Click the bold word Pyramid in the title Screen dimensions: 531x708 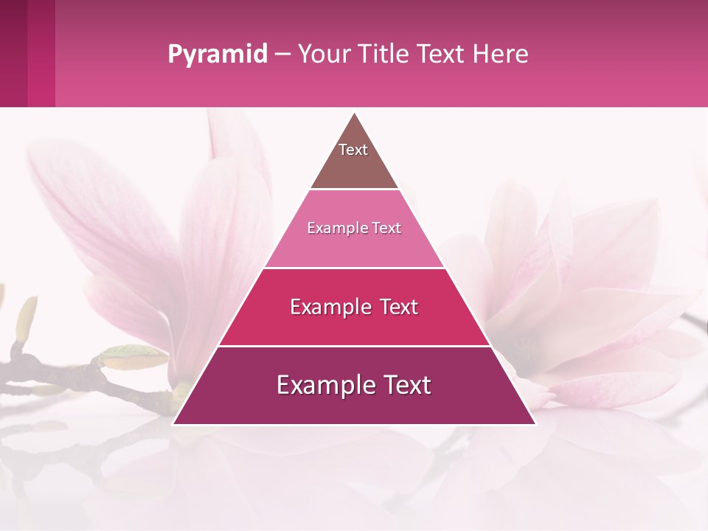218,55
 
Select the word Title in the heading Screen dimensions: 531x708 383,54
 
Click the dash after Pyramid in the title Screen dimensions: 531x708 282,55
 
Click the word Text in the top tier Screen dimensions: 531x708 353,150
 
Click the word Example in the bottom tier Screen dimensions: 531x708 321,385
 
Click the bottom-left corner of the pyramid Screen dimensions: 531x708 174,423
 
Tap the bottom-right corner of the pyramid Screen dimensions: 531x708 535,423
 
